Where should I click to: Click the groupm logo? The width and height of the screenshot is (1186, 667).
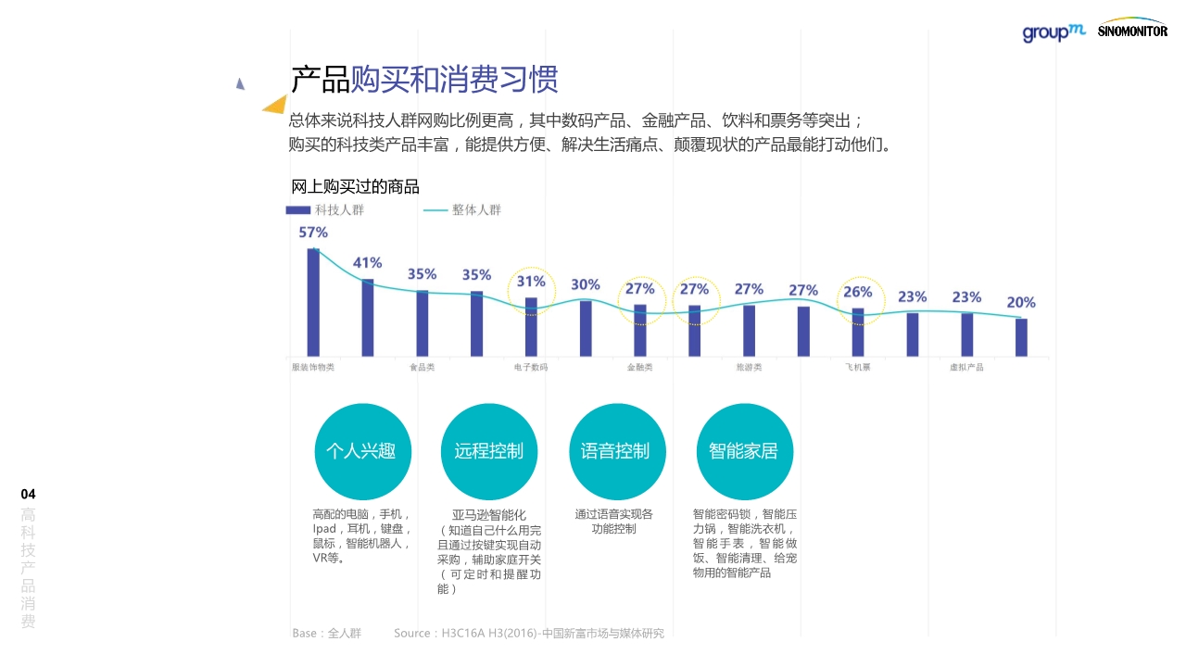(1054, 32)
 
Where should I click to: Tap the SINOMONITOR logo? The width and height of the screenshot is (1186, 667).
(1131, 29)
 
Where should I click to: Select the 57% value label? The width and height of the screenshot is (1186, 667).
(313, 233)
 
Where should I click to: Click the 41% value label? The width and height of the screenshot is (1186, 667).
(368, 263)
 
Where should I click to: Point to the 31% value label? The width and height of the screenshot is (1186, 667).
(531, 282)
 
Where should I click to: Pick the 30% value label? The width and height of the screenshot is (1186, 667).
(586, 284)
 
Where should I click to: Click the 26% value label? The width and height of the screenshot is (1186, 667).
(858, 293)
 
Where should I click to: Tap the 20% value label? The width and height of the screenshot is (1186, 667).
(1021, 302)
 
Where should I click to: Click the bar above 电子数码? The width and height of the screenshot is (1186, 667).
(531, 326)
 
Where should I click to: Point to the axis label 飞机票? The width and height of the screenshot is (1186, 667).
(857, 368)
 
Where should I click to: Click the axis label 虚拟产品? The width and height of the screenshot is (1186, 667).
(966, 368)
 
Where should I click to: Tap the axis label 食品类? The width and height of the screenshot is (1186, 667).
(423, 368)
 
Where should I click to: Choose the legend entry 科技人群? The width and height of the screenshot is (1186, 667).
(324, 210)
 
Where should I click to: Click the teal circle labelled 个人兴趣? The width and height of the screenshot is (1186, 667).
(361, 451)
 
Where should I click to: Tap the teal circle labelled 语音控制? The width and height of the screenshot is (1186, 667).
(616, 451)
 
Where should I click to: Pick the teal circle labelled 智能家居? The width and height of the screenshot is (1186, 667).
(743, 451)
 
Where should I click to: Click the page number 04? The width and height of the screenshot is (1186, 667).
(28, 494)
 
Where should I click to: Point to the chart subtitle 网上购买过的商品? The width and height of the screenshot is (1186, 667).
(355, 187)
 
